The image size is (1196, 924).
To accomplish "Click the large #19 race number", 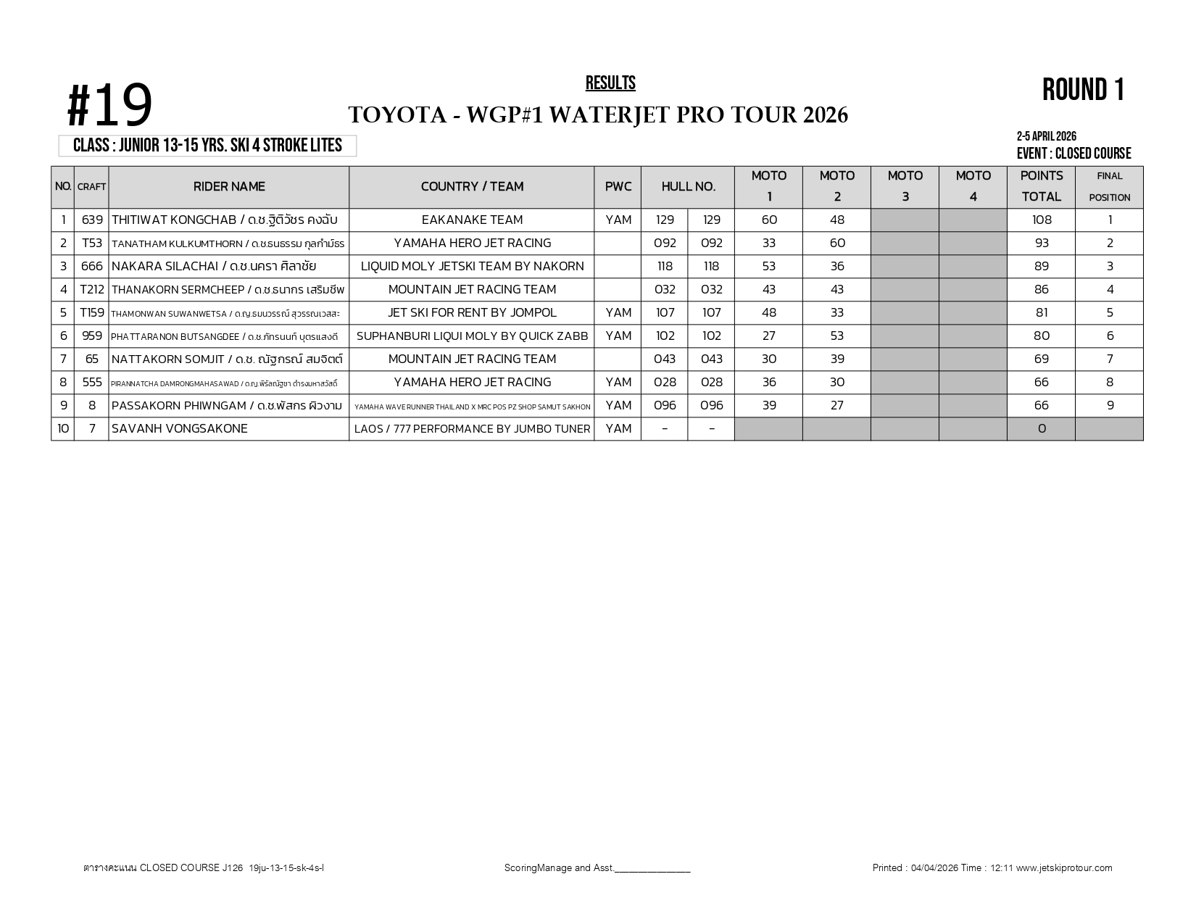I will point(110,106).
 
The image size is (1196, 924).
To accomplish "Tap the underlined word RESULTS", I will point(610,83).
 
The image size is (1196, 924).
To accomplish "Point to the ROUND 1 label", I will point(1083,90).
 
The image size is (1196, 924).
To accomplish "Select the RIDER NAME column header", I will point(229,187).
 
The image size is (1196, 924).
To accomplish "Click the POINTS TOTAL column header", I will point(1041,186).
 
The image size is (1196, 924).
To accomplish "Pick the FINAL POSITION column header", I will point(1109,186).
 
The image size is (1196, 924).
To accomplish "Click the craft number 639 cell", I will point(92,220).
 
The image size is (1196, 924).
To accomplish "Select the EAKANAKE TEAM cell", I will point(472,220).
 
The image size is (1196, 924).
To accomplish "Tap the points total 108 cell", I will point(1041,220).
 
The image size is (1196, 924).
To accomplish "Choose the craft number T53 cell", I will point(92,244).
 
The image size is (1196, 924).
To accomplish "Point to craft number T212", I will point(92,290).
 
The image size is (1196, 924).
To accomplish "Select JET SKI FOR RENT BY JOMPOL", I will point(472,313).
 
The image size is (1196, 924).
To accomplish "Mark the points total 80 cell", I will point(1041,336).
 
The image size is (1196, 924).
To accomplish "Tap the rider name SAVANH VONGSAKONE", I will point(180,429).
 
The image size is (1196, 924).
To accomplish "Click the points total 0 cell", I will point(1041,429).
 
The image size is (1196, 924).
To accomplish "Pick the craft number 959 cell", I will point(92,336).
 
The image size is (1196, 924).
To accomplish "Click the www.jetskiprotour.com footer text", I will point(1063,868).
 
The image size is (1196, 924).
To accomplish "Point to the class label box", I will point(207,146).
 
